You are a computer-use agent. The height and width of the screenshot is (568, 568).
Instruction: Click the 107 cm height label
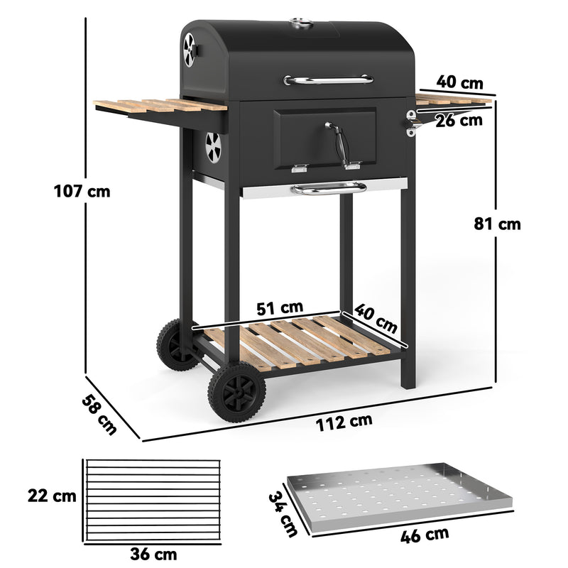(x=82, y=191)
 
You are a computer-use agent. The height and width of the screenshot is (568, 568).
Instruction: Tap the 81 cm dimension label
(x=497, y=224)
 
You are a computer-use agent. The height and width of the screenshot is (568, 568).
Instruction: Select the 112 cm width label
(x=345, y=421)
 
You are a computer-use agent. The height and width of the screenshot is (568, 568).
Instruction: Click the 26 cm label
(x=459, y=120)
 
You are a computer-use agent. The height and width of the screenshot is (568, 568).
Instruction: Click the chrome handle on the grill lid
(x=328, y=80)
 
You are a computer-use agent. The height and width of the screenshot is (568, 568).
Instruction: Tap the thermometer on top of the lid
(x=302, y=26)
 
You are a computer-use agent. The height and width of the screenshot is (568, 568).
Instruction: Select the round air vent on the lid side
(x=190, y=50)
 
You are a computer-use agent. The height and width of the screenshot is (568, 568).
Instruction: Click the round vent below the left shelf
(x=213, y=146)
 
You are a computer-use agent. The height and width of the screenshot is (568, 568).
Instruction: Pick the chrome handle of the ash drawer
(x=328, y=188)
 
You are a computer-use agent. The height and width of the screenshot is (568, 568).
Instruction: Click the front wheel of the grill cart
(x=236, y=393)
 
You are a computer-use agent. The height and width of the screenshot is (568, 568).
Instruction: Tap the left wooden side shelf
(x=160, y=106)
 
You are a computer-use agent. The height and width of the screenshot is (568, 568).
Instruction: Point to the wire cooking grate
(x=153, y=501)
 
